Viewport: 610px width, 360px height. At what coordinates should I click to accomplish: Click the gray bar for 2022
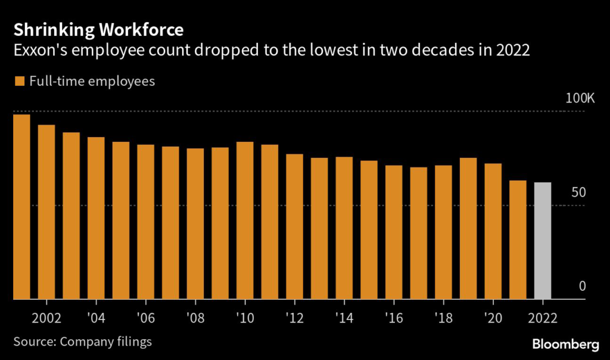click(x=543, y=241)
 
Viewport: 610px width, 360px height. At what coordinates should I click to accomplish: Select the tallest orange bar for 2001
click(x=21, y=207)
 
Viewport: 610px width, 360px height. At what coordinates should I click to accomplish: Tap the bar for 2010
click(x=245, y=221)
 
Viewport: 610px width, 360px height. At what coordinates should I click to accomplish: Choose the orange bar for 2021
click(x=518, y=240)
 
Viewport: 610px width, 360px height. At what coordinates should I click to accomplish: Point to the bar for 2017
click(x=419, y=233)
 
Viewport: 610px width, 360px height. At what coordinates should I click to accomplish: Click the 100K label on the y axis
click(x=580, y=98)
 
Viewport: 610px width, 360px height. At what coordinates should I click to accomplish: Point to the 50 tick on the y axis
click(x=578, y=192)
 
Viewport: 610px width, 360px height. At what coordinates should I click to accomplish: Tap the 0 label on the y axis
click(x=582, y=286)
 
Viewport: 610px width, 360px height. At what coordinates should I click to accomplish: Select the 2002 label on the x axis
click(x=46, y=316)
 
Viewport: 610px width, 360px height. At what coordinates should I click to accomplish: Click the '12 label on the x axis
click(x=294, y=316)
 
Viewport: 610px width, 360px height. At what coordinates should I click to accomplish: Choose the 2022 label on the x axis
click(x=543, y=316)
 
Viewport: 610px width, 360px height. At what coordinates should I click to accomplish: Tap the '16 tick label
click(x=394, y=316)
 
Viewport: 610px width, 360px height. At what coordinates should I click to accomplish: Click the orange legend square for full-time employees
click(x=20, y=81)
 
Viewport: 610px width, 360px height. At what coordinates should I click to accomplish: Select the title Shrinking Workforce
click(x=99, y=29)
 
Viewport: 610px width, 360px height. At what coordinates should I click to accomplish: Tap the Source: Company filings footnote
click(x=83, y=342)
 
